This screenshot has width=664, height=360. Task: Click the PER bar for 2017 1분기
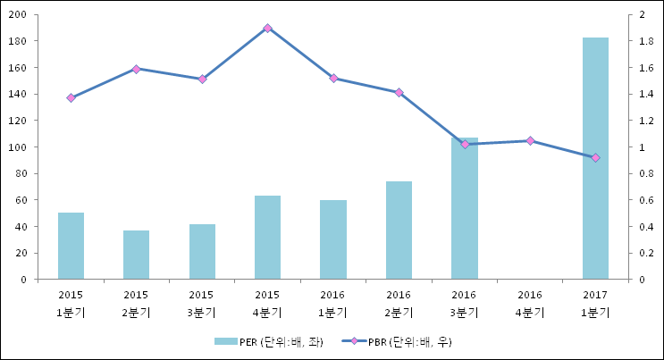(x=595, y=158)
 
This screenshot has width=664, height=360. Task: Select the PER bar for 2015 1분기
(x=71, y=246)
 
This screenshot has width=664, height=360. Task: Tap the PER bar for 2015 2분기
(x=136, y=255)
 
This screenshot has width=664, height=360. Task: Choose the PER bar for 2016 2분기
(x=399, y=230)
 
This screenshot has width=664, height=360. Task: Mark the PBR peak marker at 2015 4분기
(x=267, y=28)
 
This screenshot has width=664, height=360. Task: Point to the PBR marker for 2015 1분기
(x=71, y=97)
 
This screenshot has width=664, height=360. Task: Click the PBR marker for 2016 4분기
(x=530, y=140)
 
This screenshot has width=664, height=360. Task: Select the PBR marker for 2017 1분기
(x=595, y=157)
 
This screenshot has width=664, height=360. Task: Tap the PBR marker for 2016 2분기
(x=399, y=92)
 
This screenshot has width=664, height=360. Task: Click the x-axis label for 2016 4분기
(x=530, y=303)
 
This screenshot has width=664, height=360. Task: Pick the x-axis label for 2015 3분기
(x=202, y=303)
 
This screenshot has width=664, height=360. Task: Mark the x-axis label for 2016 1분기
(x=332, y=303)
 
